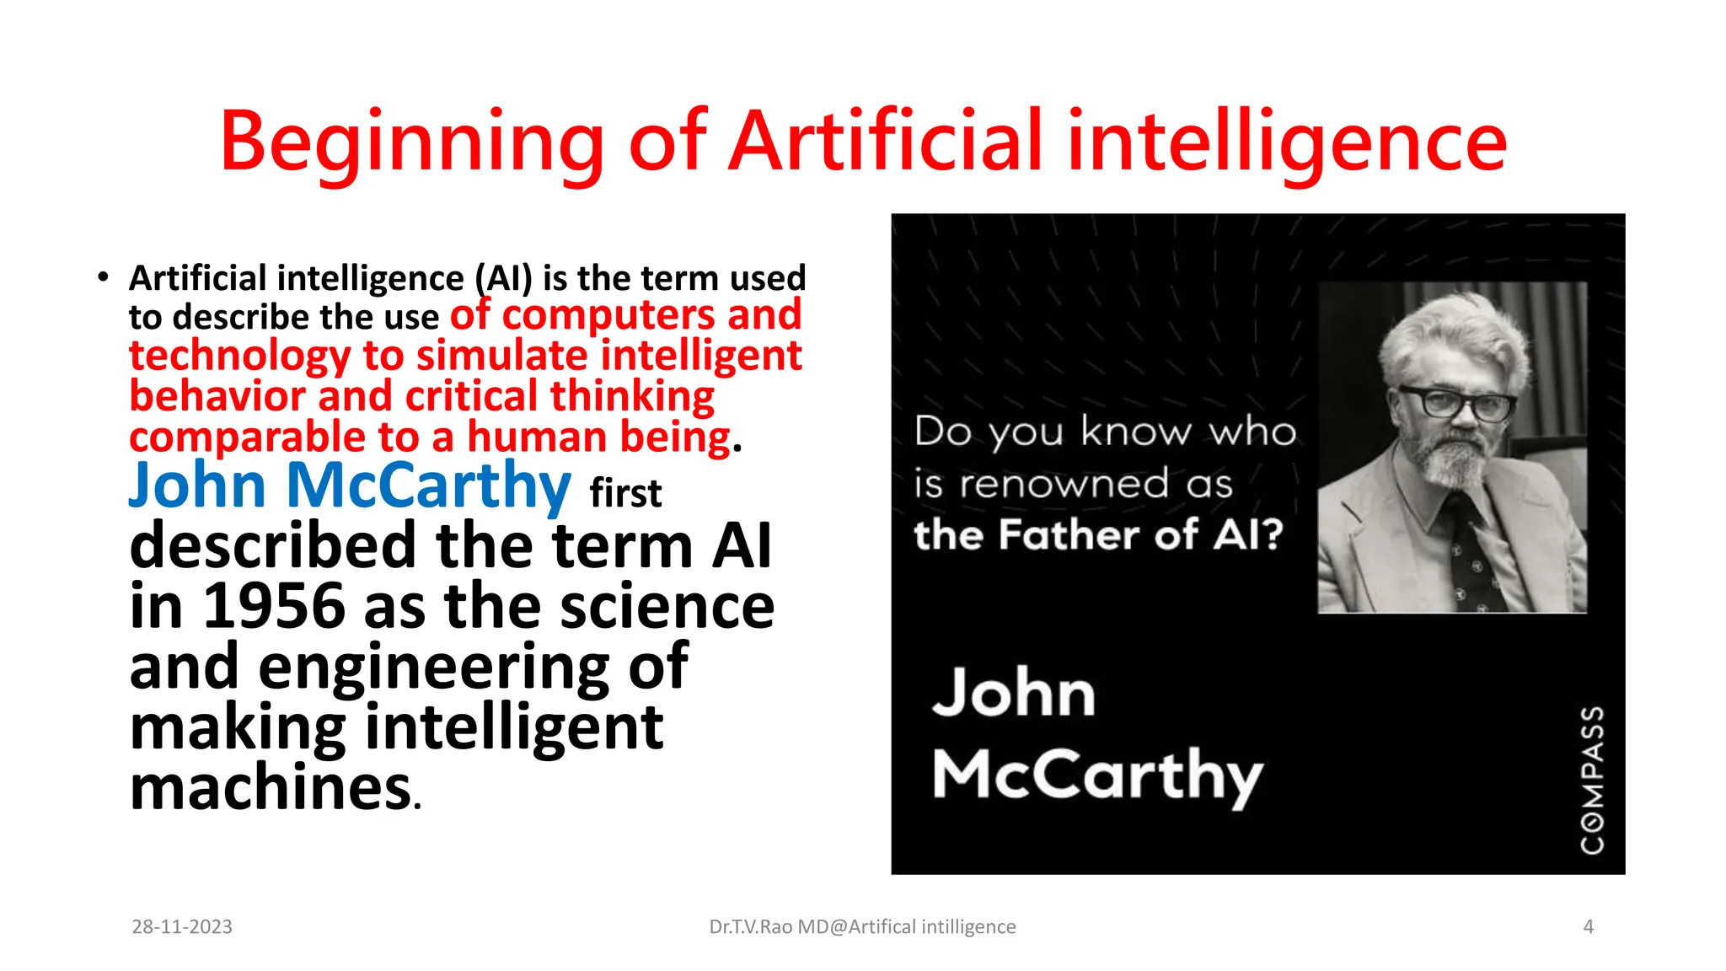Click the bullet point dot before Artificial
[x=103, y=277]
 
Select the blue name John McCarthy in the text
[x=350, y=486]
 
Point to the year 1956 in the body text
[x=274, y=606]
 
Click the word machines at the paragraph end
[x=271, y=787]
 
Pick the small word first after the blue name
[x=625, y=494]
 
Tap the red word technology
[x=239, y=356]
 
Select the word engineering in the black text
[x=433, y=667]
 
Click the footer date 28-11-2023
[x=182, y=926]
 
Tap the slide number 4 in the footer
[x=1588, y=926]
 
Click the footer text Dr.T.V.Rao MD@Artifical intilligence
[x=862, y=926]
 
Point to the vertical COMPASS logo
[x=1592, y=779]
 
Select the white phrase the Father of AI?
[x=1098, y=535]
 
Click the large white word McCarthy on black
[x=1097, y=776]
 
